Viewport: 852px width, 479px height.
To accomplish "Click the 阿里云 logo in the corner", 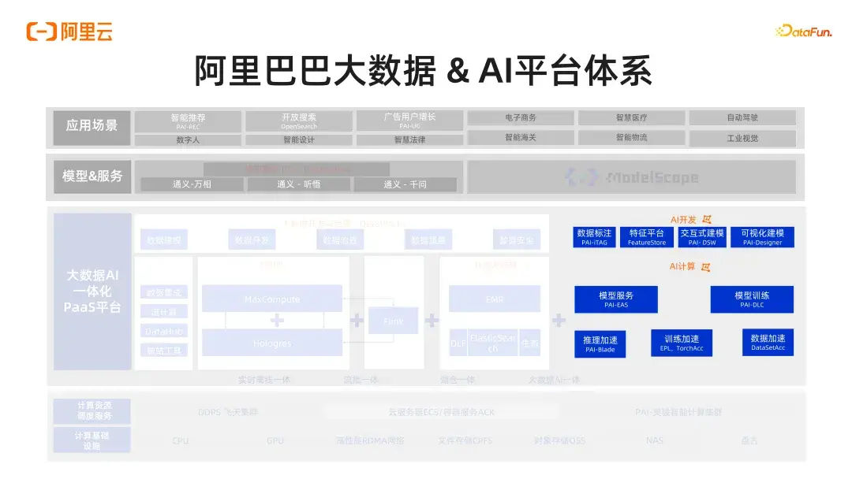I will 69,32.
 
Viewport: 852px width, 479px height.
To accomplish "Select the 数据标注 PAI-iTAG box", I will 594,237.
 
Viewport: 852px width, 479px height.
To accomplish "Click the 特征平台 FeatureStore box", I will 647,237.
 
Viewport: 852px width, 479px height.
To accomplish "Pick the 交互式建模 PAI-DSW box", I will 702,237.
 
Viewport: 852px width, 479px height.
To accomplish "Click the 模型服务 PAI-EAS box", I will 615,299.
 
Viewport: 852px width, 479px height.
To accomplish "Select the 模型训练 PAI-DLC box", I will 752,299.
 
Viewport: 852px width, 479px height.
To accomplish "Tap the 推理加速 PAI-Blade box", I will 600,343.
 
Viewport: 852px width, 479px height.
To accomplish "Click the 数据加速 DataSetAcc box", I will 768,342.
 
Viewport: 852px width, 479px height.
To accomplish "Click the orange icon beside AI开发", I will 707,220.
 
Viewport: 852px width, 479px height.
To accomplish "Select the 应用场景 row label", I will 92,126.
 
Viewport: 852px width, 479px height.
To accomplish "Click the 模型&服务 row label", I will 92,176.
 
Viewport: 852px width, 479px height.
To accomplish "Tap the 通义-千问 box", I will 405,184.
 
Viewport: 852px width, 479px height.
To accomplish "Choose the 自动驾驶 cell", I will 742,117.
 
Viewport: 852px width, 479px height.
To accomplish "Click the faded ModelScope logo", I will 632,177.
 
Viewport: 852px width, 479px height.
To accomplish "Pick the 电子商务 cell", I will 521,117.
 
